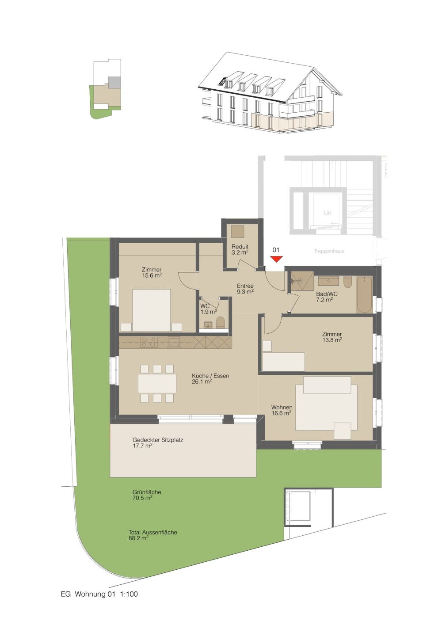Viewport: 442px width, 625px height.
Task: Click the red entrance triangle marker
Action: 276,259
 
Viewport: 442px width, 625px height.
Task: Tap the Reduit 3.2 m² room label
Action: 240,249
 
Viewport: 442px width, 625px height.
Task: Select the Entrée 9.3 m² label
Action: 245,289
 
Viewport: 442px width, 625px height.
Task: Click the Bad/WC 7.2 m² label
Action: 327,297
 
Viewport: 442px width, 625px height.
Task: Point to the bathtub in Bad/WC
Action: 364,295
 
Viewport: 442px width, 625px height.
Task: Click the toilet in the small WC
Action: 221,323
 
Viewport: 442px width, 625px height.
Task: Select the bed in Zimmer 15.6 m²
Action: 151,310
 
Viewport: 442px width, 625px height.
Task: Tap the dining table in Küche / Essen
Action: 157,383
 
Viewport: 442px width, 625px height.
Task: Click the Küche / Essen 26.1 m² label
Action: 210,378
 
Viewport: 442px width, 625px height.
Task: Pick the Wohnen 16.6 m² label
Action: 282,410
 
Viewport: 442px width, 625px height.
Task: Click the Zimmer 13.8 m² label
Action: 332,337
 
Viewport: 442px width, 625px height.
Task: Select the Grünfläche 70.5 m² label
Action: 147,495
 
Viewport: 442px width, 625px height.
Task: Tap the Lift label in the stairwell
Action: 327,213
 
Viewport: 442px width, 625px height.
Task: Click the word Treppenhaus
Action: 329,251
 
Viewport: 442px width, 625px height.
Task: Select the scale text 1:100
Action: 129,594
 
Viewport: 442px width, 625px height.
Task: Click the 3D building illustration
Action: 270,94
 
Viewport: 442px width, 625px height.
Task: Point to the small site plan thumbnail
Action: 107,89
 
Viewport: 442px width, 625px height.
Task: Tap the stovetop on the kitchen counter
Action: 149,342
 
